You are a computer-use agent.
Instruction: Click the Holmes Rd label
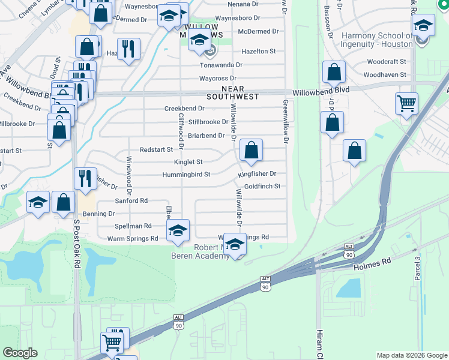coord(372,262)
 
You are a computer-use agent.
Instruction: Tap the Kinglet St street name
coord(188,162)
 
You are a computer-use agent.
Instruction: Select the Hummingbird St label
coord(186,175)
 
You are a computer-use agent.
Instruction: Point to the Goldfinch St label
coord(262,187)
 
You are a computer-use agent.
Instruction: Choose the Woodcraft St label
coord(387,62)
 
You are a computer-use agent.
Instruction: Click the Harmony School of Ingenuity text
coord(376,40)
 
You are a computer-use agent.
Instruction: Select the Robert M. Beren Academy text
coord(211,252)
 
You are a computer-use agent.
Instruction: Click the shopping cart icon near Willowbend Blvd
coord(406,103)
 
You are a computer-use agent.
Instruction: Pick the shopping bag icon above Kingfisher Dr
coord(252,150)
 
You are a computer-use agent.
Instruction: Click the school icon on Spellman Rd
coord(178,230)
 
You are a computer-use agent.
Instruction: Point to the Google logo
coord(20,353)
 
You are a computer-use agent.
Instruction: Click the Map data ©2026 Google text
coord(412,355)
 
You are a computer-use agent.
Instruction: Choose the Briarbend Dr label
coord(206,136)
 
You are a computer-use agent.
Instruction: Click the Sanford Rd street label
coord(131,201)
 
